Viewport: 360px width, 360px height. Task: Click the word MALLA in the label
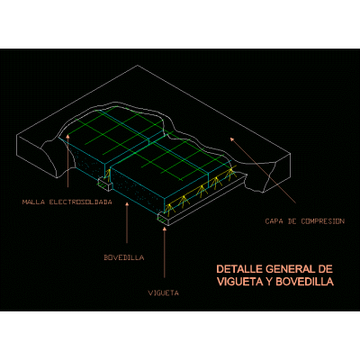click(x=33, y=202)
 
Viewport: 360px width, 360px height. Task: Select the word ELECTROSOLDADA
click(x=80, y=202)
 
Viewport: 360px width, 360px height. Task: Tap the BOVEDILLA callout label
click(x=124, y=257)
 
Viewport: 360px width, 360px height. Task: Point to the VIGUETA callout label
click(x=164, y=292)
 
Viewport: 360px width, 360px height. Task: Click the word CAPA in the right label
click(x=274, y=221)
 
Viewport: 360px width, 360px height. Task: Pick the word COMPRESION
click(x=323, y=221)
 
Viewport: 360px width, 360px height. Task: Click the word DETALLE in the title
click(x=239, y=269)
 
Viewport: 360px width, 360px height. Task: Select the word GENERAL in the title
click(x=291, y=269)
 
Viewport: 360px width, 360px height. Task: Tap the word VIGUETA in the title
click(x=240, y=282)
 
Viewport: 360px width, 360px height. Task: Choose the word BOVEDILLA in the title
click(x=304, y=282)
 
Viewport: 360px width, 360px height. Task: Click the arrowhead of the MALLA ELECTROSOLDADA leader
click(x=68, y=137)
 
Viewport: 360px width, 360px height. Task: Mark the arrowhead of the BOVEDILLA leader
click(x=127, y=205)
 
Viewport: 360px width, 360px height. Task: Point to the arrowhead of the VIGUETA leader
click(x=164, y=229)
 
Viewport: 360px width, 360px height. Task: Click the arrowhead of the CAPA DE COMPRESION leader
click(x=231, y=139)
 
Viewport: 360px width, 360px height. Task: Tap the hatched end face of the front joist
click(x=164, y=220)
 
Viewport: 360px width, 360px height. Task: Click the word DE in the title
click(x=326, y=269)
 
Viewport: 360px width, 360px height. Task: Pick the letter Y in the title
click(x=269, y=282)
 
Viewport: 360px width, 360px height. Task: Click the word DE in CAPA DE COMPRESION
click(x=292, y=221)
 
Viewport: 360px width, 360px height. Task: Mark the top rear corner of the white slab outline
click(x=138, y=65)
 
